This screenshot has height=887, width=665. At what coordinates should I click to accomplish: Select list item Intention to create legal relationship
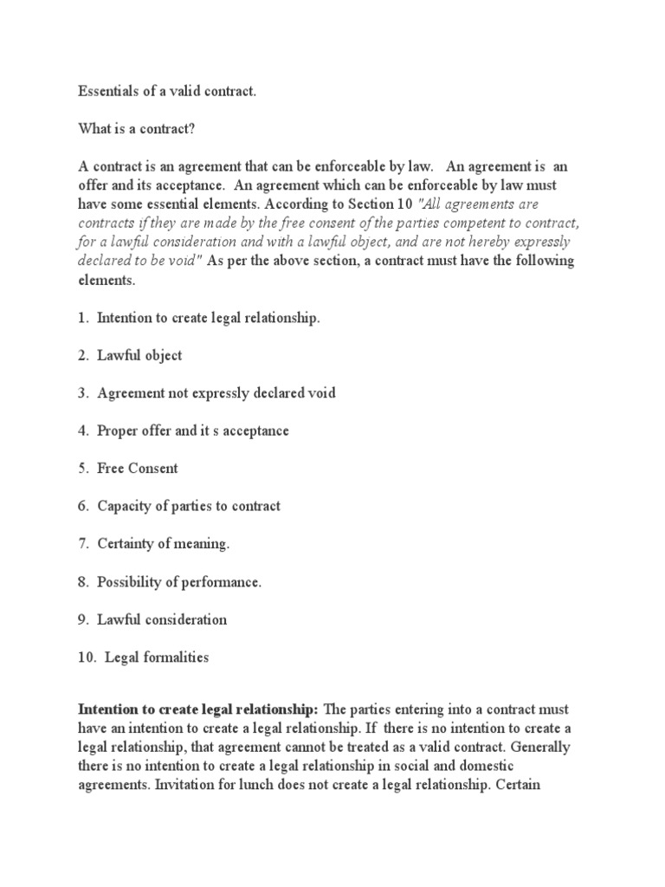[x=209, y=318]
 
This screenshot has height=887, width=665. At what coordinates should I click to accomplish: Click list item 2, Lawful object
[x=139, y=356]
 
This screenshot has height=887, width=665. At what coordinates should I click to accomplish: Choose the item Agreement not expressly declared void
[x=216, y=393]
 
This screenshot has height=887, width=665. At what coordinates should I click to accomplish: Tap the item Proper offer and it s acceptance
[x=193, y=431]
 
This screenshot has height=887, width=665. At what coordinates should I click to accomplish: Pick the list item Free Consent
[x=138, y=469]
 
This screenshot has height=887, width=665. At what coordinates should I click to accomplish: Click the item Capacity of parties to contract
[x=189, y=506]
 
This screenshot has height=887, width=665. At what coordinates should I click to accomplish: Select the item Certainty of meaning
[x=164, y=544]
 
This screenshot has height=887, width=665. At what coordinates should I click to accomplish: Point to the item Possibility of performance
[x=179, y=582]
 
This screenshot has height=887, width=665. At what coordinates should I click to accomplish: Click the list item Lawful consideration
[x=162, y=619]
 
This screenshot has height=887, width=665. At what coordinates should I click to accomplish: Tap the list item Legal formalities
[x=158, y=657]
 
